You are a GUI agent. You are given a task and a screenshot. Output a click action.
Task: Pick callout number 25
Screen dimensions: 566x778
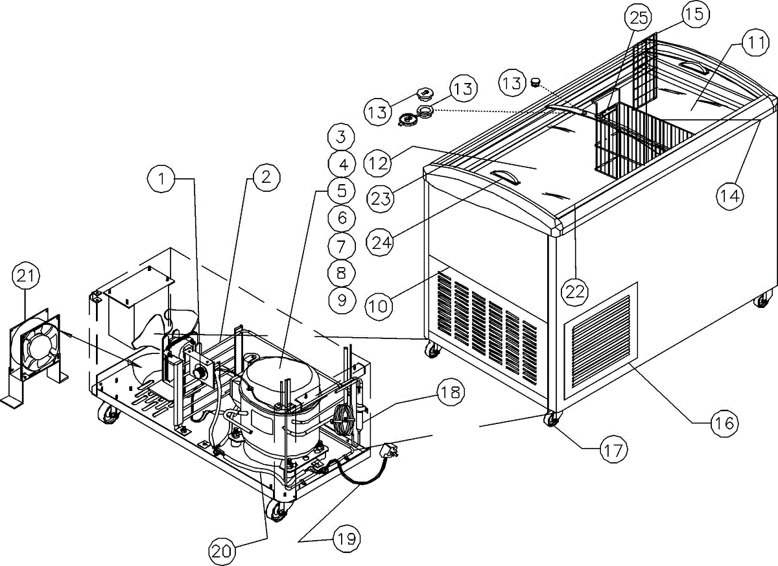[639, 18]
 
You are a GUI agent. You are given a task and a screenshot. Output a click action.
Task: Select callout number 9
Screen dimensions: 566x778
[341, 299]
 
